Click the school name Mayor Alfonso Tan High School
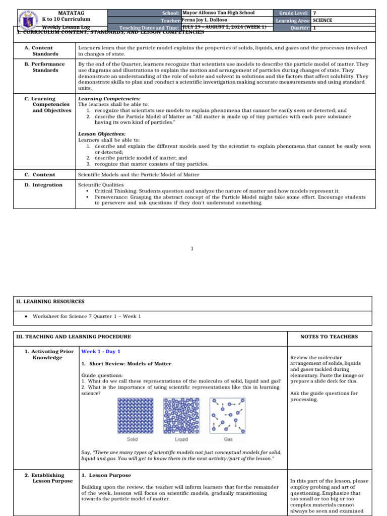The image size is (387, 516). [218, 13]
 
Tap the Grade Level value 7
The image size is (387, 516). [315, 13]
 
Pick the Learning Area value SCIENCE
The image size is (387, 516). [323, 20]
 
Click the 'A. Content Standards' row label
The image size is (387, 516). [45, 50]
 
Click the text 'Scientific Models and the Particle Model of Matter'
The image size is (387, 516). [139, 175]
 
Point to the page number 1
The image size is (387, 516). [192, 248]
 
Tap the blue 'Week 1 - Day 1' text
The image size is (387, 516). [101, 352]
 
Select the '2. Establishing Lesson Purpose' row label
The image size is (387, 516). [48, 478]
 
